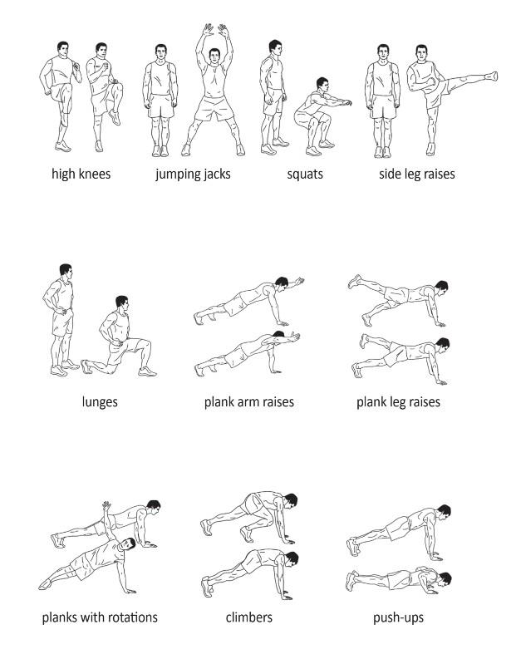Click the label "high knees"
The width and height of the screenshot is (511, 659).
[81, 174]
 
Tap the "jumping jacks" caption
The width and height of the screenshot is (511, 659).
[193, 175]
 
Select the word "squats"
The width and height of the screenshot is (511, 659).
[305, 175]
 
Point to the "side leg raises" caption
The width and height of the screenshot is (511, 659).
[417, 175]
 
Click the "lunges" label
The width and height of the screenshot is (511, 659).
[100, 402]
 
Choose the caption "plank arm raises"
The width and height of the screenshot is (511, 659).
[248, 402]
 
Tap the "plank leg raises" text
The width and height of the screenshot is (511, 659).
[398, 402]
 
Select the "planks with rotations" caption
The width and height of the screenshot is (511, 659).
[100, 617]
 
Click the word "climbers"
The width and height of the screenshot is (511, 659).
[248, 617]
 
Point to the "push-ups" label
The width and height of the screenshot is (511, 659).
[398, 617]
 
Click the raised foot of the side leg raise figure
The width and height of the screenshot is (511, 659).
[492, 76]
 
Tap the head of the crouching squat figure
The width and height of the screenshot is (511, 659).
[322, 84]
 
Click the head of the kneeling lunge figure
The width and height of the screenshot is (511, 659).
[122, 302]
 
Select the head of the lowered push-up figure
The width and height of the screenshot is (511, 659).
[445, 578]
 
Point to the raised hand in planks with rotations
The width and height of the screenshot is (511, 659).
[106, 505]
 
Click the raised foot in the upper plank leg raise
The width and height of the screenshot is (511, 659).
[354, 281]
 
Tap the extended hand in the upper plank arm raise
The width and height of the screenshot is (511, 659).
[299, 280]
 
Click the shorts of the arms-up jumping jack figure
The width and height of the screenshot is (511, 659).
[214, 108]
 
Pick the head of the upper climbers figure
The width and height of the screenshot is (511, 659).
[290, 500]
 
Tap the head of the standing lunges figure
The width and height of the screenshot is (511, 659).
[65, 271]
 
